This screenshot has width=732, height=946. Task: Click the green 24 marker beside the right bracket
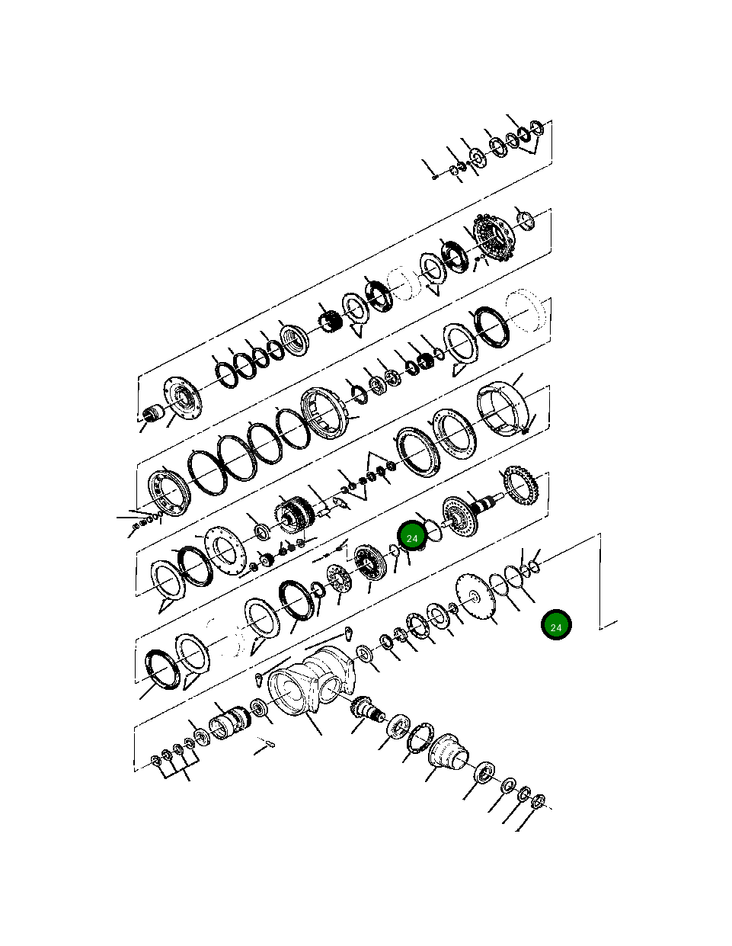click(x=556, y=626)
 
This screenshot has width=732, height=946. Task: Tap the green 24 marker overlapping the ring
click(x=412, y=537)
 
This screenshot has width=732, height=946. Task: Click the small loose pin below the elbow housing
click(x=265, y=743)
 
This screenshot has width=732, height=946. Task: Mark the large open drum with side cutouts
click(x=503, y=410)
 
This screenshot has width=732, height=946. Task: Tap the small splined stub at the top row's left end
click(x=154, y=414)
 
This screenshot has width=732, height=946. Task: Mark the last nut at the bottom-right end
click(x=538, y=801)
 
